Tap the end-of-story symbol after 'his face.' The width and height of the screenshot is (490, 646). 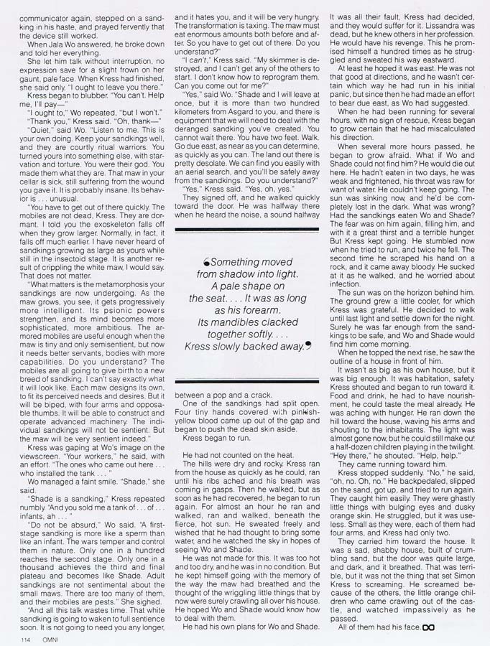tap(429, 627)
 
